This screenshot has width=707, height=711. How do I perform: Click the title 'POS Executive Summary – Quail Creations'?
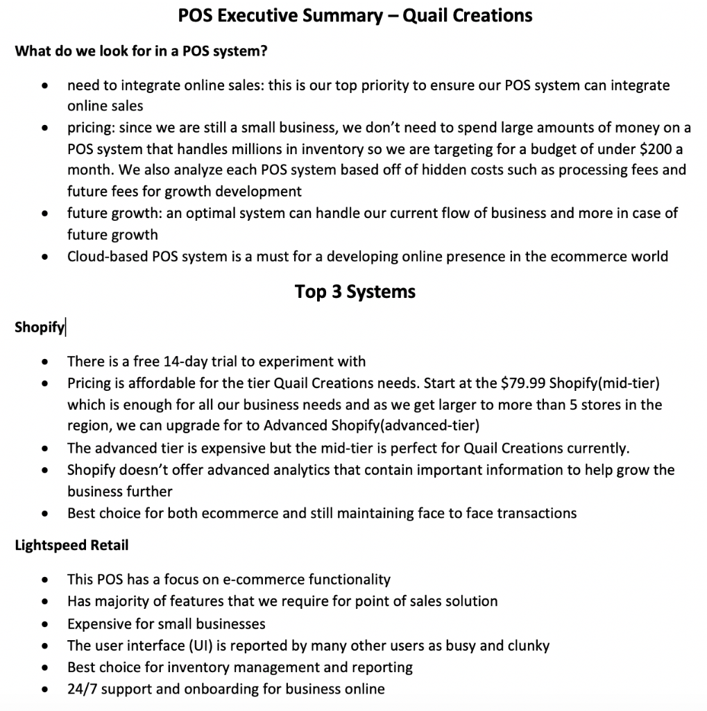pyautogui.click(x=355, y=15)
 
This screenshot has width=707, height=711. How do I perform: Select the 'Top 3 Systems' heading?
pyautogui.click(x=355, y=291)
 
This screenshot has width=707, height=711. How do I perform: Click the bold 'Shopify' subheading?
pyautogui.click(x=39, y=327)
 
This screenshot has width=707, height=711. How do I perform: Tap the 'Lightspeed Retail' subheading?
pyautogui.click(x=71, y=545)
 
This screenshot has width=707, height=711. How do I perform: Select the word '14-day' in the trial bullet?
pyautogui.click(x=186, y=361)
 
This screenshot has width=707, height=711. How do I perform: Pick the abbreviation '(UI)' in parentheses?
pyautogui.click(x=198, y=645)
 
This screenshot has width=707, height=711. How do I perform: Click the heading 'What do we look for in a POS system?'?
pyautogui.click(x=142, y=51)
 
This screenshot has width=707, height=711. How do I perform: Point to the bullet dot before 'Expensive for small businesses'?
pyautogui.click(x=45, y=624)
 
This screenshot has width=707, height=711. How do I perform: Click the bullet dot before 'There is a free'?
pyautogui.click(x=45, y=362)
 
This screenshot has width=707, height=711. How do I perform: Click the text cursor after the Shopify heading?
pyautogui.click(x=65, y=327)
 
